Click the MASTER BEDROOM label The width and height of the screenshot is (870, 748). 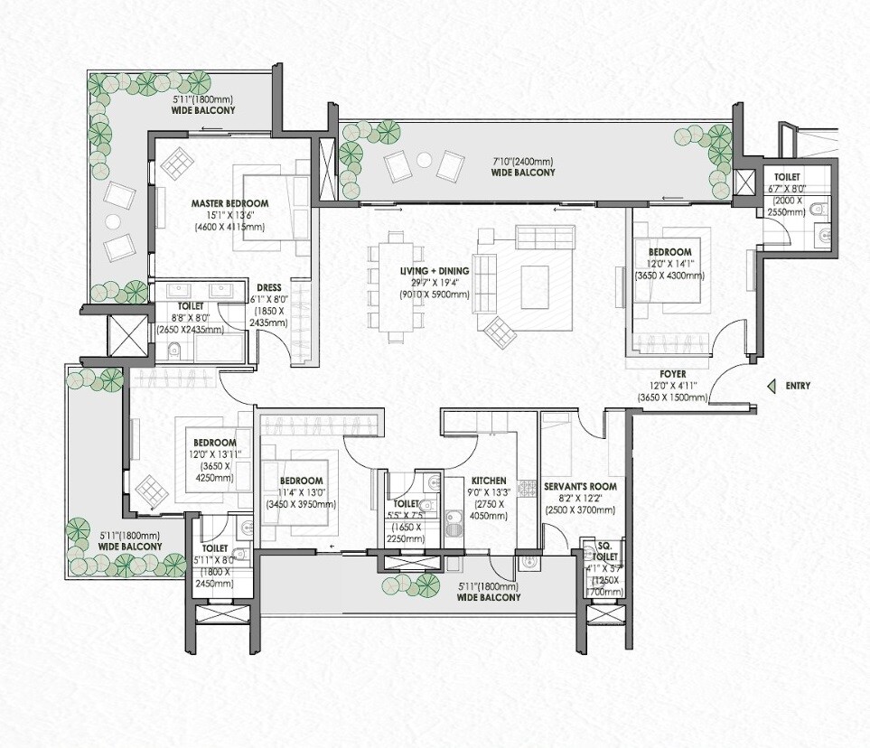229,204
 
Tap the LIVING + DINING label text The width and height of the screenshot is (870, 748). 435,271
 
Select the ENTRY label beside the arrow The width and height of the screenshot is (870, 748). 798,387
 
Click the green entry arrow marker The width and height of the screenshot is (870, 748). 771,387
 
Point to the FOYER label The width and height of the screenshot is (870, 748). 670,372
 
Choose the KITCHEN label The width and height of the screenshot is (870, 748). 489,482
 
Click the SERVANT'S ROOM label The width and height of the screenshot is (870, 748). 580,486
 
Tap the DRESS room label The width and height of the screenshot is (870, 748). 269,288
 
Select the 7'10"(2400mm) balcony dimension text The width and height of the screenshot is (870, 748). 522,162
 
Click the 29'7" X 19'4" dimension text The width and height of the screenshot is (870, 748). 435,283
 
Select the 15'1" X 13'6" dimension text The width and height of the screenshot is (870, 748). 229,216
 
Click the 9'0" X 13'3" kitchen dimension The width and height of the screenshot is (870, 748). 489,493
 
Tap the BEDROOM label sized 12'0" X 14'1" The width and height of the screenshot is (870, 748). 669,252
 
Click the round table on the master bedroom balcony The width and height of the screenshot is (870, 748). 113,220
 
